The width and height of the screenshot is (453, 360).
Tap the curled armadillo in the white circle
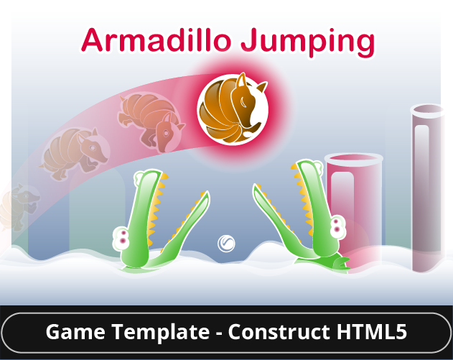[x=232, y=109]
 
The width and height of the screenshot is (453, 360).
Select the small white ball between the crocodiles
[x=227, y=243]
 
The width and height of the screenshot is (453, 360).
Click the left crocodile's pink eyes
[x=123, y=236]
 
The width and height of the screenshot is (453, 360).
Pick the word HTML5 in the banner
[x=373, y=333]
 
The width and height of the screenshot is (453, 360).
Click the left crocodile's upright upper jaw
[x=147, y=208]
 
